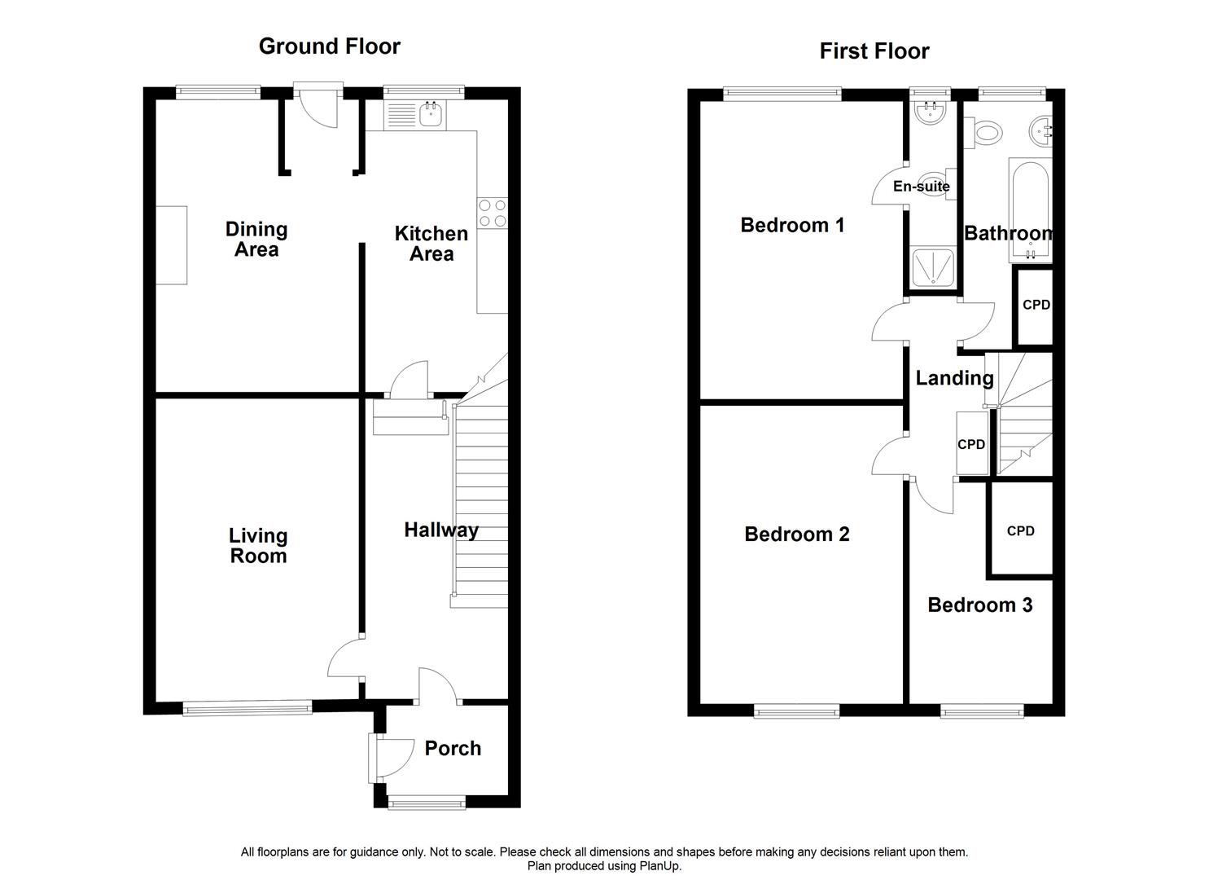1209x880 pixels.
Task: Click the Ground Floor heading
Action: pyautogui.click(x=329, y=46)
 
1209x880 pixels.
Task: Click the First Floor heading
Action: pyautogui.click(x=874, y=51)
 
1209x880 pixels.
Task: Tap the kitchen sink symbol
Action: pyautogui.click(x=430, y=116)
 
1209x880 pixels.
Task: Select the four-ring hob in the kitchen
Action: pyautogui.click(x=493, y=213)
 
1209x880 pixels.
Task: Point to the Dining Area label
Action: pyautogui.click(x=256, y=240)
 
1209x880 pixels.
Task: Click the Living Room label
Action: pyautogui.click(x=257, y=546)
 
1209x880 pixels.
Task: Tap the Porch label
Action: pyautogui.click(x=453, y=748)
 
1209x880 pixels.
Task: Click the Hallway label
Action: pyautogui.click(x=441, y=530)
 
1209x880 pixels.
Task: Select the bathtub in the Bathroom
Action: pyautogui.click(x=1031, y=209)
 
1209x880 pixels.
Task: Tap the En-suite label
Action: pyautogui.click(x=921, y=187)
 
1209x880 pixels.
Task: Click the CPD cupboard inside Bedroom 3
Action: pyautogui.click(x=1020, y=530)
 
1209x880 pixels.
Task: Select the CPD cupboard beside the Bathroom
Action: pyautogui.click(x=1035, y=306)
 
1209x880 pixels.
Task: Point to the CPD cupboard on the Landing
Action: pyautogui.click(x=971, y=444)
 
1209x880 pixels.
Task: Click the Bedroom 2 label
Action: pyautogui.click(x=797, y=535)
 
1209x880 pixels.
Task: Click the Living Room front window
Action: pyautogui.click(x=247, y=709)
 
